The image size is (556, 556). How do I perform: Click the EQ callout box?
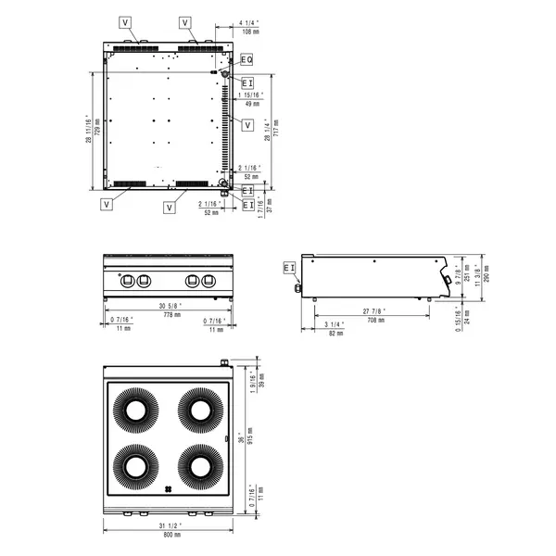[x=246, y=59]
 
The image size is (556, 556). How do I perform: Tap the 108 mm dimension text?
[x=247, y=32]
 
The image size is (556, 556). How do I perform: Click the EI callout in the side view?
[x=289, y=268]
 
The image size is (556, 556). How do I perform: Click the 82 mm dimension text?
[x=336, y=334]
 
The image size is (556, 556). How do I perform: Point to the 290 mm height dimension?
[x=487, y=272]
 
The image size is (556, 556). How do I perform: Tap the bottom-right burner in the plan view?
[x=197, y=465]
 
